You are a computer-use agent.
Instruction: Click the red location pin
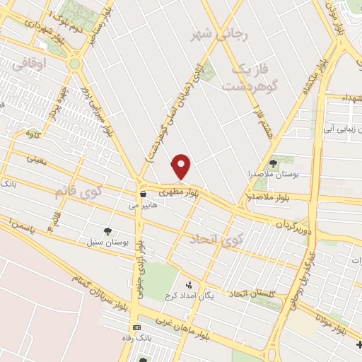tap(182, 166)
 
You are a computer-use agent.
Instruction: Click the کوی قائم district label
tap(78, 192)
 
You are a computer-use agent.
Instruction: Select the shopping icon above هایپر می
tap(143, 194)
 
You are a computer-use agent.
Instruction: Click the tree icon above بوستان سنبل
tap(107, 230)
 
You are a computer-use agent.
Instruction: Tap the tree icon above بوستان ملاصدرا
tap(273, 163)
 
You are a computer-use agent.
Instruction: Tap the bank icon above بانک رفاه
tap(136, 328)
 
